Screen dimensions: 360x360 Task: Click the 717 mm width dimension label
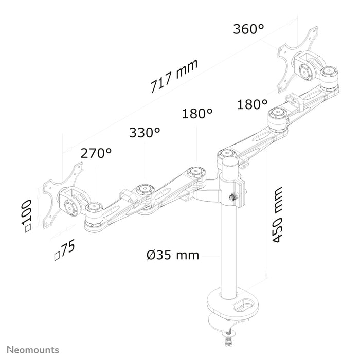point(174,76)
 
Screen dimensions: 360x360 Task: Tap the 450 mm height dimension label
point(277,214)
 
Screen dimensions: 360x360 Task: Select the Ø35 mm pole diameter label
point(173,255)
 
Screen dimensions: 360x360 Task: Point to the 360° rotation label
point(248,29)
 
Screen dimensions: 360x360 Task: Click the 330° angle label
point(145,133)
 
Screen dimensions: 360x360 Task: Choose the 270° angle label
point(96,153)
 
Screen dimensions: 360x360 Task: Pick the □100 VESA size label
point(26,216)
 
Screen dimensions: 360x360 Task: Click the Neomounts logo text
point(33,350)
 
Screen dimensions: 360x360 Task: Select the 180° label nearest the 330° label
point(197,114)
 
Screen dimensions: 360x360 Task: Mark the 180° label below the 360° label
point(253,104)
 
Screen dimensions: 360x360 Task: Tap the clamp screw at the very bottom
point(228,336)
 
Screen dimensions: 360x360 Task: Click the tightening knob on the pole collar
point(232,197)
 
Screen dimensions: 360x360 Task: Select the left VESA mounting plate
point(62,196)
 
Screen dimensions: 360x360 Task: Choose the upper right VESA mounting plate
point(298,60)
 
